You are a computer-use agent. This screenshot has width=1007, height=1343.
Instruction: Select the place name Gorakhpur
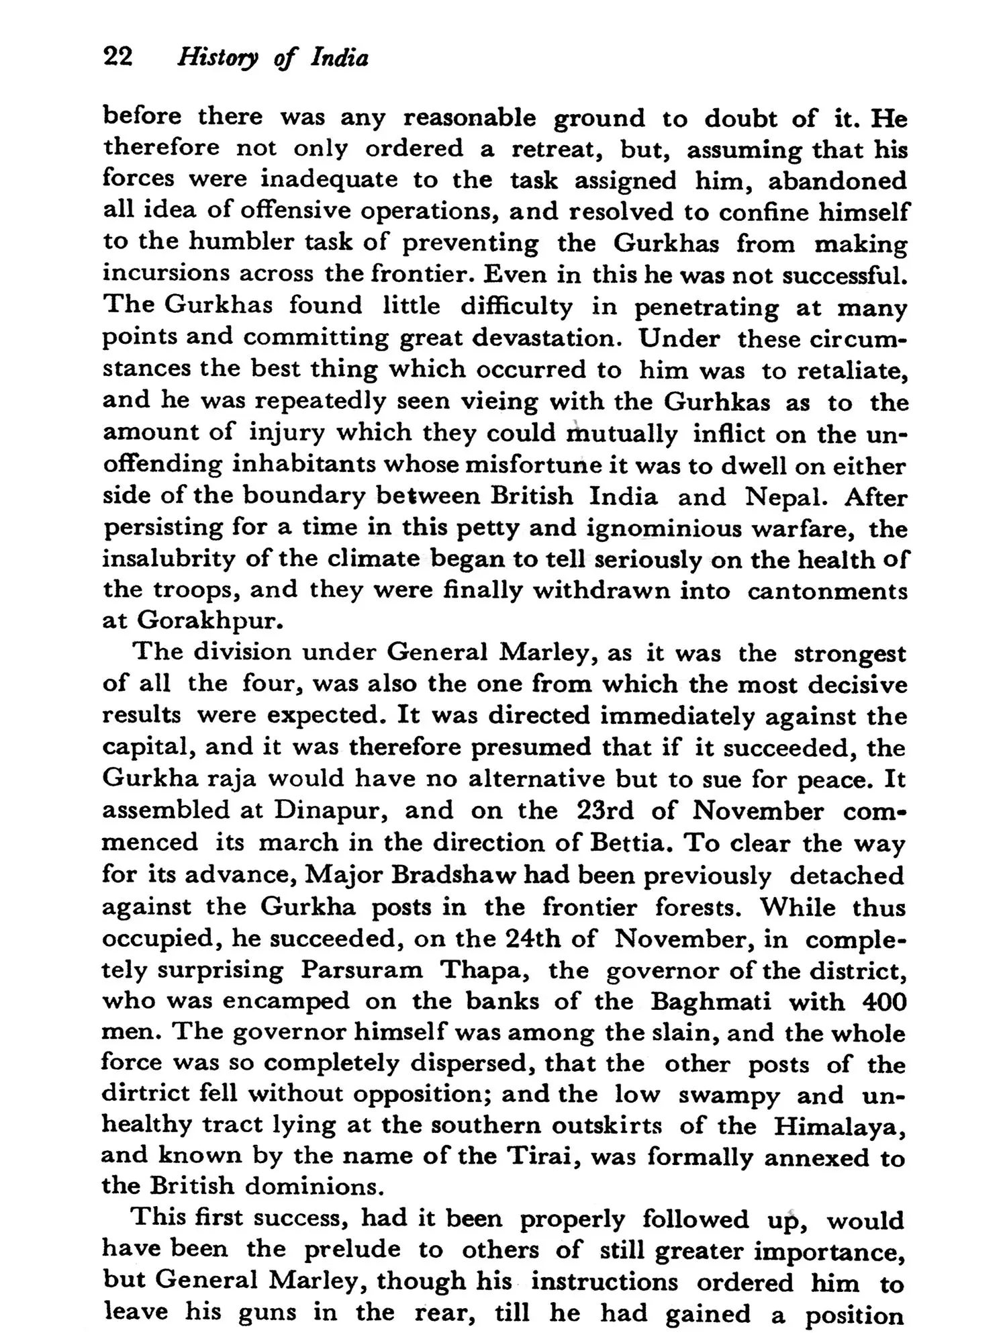pos(207,620)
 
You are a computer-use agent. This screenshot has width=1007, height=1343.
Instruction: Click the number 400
pos(883,1001)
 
